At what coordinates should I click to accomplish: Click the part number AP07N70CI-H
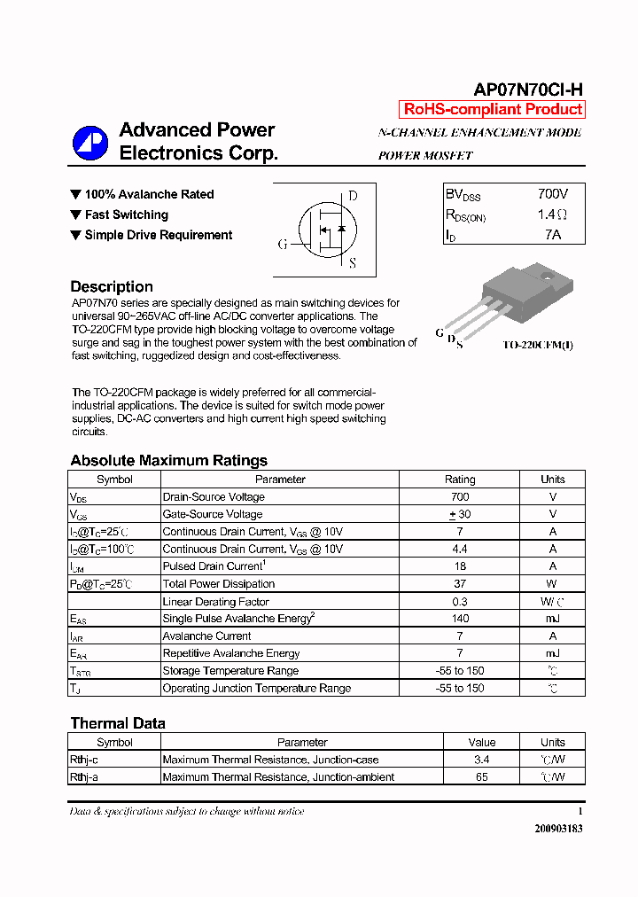(x=528, y=90)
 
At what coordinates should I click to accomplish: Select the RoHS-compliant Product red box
(x=493, y=109)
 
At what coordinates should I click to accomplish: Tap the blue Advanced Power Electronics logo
(x=89, y=143)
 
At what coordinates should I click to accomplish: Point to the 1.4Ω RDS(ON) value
(x=551, y=214)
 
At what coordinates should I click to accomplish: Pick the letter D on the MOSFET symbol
(x=353, y=196)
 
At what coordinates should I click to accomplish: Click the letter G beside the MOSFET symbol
(x=283, y=244)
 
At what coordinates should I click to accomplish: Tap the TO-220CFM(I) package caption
(x=538, y=345)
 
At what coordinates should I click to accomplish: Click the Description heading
(x=112, y=286)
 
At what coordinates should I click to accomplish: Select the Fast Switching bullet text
(x=126, y=214)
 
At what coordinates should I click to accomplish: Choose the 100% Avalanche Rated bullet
(x=149, y=194)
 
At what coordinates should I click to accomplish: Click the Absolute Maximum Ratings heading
(x=168, y=460)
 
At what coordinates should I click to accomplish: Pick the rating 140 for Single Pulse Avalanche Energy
(x=459, y=619)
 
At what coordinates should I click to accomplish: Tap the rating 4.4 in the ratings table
(x=459, y=549)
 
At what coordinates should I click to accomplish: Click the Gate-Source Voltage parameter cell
(x=213, y=514)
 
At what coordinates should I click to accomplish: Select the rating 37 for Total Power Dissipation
(x=459, y=584)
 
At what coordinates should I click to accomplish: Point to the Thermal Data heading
(x=117, y=723)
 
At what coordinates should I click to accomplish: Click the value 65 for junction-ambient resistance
(x=481, y=777)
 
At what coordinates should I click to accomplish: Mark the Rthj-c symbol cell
(x=87, y=760)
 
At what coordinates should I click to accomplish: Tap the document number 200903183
(x=558, y=829)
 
